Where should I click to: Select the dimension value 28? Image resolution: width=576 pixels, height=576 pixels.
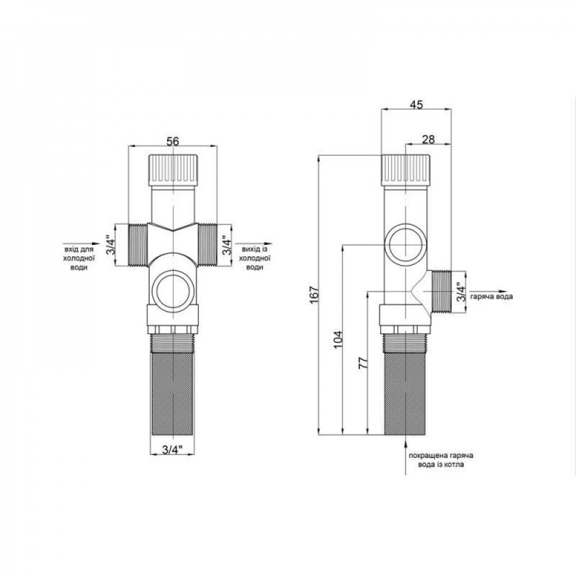point(427,139)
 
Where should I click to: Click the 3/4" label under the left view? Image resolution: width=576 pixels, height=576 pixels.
point(172,449)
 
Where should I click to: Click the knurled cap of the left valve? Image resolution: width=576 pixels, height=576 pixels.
point(173,169)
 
